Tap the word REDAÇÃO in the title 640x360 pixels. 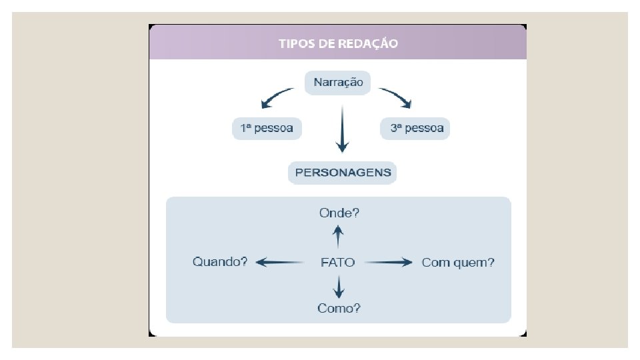click(x=369, y=43)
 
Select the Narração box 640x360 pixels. click(x=339, y=83)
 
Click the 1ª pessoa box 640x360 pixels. click(x=267, y=128)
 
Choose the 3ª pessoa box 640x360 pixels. click(x=416, y=128)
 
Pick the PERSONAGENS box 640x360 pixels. click(x=343, y=173)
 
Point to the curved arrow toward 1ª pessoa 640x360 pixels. click(x=275, y=97)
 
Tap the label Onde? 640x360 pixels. click(x=339, y=213)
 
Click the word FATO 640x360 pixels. click(x=338, y=263)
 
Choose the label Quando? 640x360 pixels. click(x=220, y=262)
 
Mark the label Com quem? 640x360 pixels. click(x=458, y=263)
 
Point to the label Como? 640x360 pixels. click(x=339, y=308)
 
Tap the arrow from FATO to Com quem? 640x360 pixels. click(x=388, y=263)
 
